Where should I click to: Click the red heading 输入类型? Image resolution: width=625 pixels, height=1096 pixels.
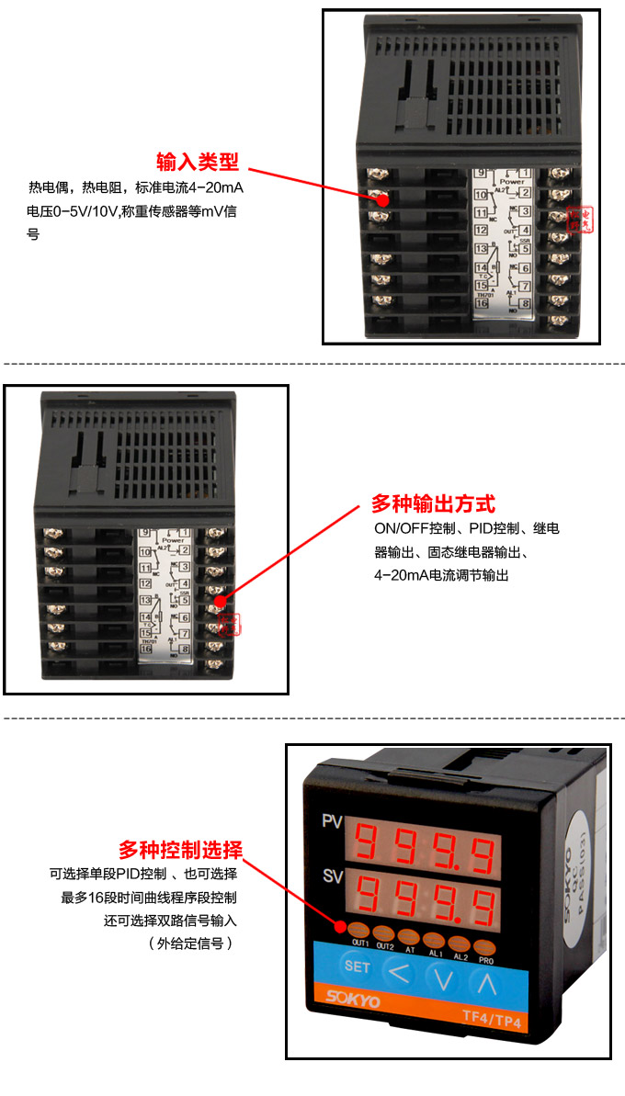pyautogui.click(x=198, y=163)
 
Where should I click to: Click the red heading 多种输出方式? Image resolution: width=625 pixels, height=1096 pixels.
pyautogui.click(x=433, y=503)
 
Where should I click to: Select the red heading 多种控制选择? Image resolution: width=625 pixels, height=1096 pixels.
pyautogui.click(x=180, y=849)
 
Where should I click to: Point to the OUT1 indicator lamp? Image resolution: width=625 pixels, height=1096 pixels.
pyautogui.click(x=359, y=930)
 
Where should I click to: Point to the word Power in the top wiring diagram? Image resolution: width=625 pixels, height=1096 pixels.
pyautogui.click(x=512, y=182)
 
